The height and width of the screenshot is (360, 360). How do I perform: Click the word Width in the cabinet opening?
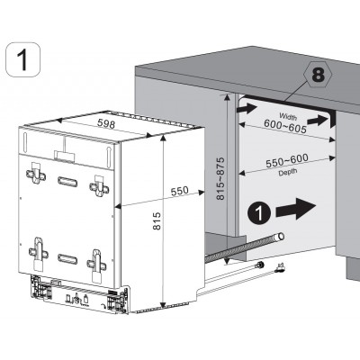tap(286, 115)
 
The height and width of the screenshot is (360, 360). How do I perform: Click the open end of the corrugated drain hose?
tap(279, 237)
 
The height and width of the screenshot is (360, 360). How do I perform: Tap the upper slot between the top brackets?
tap(68, 181)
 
